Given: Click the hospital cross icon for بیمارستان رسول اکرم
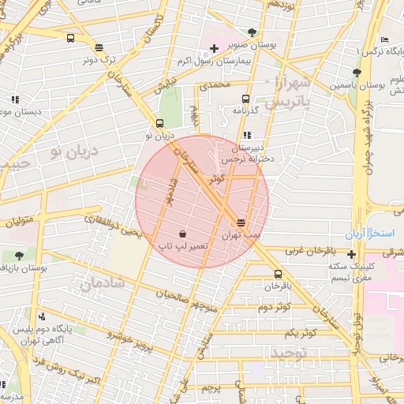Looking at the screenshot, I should click(x=214, y=49).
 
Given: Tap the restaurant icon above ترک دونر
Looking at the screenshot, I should click(x=99, y=47).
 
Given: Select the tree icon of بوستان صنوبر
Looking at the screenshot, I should click(x=252, y=32).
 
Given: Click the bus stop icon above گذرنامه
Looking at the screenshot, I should click(x=245, y=99).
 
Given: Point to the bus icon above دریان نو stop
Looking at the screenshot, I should click(x=160, y=123).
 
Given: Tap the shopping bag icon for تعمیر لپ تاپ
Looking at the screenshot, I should click(x=183, y=234).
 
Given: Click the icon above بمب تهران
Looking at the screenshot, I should click(x=241, y=223).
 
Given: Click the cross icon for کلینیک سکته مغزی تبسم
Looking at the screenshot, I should click(x=351, y=253).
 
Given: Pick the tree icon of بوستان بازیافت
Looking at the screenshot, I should click(x=19, y=256).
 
